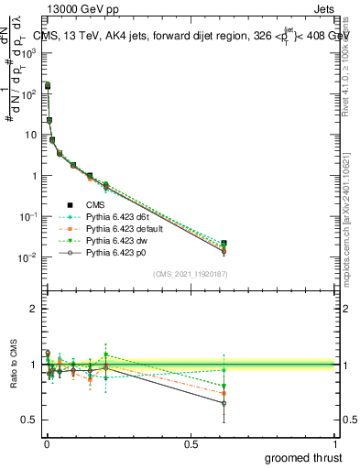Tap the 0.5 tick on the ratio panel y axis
pos(32,420)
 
